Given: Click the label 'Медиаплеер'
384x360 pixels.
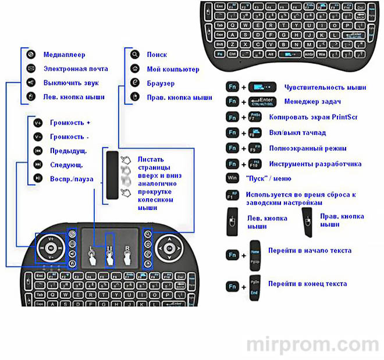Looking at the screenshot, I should pyautogui.click(x=64, y=55).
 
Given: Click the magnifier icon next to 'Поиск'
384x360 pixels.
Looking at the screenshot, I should pyautogui.click(x=134, y=55).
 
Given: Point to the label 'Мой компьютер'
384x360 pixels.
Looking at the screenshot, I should pyautogui.click(x=173, y=69).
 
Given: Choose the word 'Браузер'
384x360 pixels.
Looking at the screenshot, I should pyautogui.click(x=161, y=83).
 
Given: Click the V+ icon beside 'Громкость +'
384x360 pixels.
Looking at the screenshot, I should pyautogui.click(x=38, y=123).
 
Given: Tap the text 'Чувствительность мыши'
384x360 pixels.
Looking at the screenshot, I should pyautogui.click(x=325, y=87).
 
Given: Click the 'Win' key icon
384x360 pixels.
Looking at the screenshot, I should pyautogui.click(x=232, y=179).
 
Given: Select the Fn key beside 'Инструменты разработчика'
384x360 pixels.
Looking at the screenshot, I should pyautogui.click(x=232, y=164).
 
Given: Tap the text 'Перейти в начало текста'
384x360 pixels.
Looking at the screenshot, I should pyautogui.click(x=310, y=251).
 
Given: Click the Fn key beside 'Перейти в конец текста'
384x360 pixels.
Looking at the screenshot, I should pyautogui.click(x=232, y=286).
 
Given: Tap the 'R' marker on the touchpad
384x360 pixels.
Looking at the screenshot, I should pyautogui.click(x=127, y=248).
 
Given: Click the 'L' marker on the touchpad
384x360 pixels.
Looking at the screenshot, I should pyautogui.click(x=91, y=248).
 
